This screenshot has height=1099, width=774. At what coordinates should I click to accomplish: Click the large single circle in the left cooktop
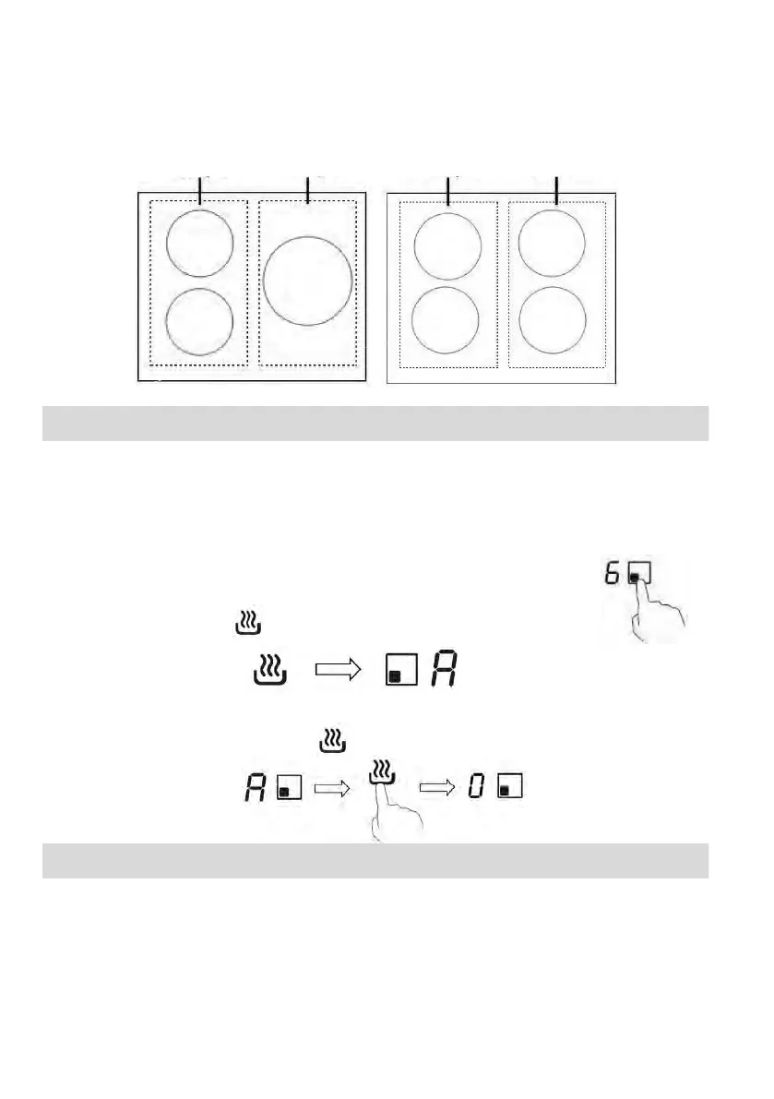point(307,280)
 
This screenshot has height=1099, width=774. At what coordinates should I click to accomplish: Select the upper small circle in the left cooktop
point(199,242)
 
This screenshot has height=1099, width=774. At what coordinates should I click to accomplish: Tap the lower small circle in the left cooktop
point(199,321)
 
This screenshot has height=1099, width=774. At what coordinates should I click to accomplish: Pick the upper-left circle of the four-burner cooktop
point(447,246)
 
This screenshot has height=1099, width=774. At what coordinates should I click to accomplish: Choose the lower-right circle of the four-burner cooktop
point(553,319)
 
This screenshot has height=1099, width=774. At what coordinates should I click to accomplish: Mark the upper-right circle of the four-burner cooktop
point(552,243)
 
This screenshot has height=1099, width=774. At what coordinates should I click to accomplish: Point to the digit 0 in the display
point(477,787)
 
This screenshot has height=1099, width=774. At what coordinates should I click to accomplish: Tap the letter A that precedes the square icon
point(253,787)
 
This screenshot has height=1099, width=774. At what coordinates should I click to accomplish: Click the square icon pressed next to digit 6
point(639,573)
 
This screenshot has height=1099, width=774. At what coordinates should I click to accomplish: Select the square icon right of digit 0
point(509,787)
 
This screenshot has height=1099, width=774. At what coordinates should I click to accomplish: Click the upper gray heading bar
point(375,424)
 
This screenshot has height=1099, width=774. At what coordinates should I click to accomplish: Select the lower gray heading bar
point(375,861)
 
